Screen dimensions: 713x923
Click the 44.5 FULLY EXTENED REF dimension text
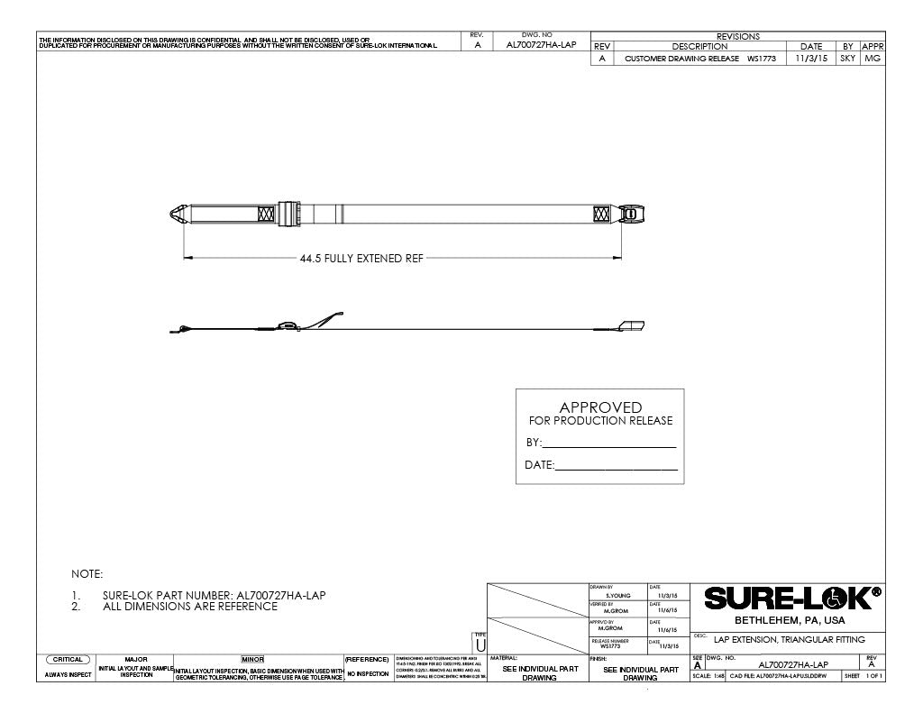[361, 258]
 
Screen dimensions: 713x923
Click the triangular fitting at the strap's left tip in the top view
[178, 215]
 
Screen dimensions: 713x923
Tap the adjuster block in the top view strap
[288, 214]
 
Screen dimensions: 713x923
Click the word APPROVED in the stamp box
[600, 407]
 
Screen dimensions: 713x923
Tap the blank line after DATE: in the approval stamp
[617, 466]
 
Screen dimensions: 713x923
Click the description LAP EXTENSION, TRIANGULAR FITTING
[789, 639]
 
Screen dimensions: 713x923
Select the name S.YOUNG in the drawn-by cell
[617, 596]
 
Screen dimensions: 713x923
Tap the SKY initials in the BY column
[847, 58]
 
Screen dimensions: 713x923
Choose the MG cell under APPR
[872, 58]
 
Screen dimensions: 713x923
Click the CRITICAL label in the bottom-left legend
[68, 660]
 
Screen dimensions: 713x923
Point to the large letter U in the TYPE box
[480, 646]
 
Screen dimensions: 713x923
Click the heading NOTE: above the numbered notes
[87, 573]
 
